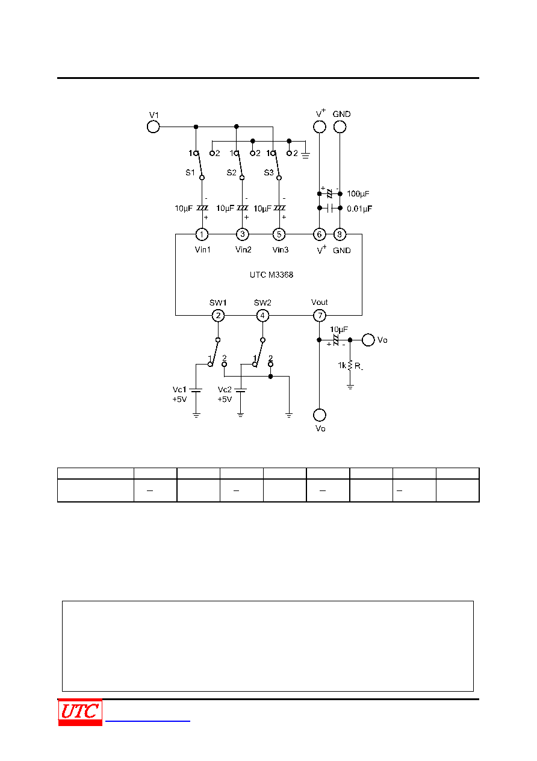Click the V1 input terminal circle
[153, 127]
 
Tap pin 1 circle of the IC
[202, 234]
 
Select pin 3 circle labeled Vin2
[243, 234]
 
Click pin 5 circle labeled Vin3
[279, 234]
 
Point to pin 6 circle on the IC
[320, 234]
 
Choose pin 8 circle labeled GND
[340, 234]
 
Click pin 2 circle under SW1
[218, 316]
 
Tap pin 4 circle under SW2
[262, 316]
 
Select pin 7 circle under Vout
[320, 316]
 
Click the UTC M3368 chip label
[272, 275]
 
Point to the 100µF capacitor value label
[358, 193]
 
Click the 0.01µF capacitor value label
[359, 208]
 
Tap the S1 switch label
[190, 172]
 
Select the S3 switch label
[269, 172]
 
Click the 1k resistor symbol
[350, 365]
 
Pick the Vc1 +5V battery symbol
[196, 390]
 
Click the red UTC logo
[80, 712]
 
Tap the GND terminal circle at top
[340, 127]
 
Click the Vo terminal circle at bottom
[320, 415]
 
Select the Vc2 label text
[225, 389]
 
